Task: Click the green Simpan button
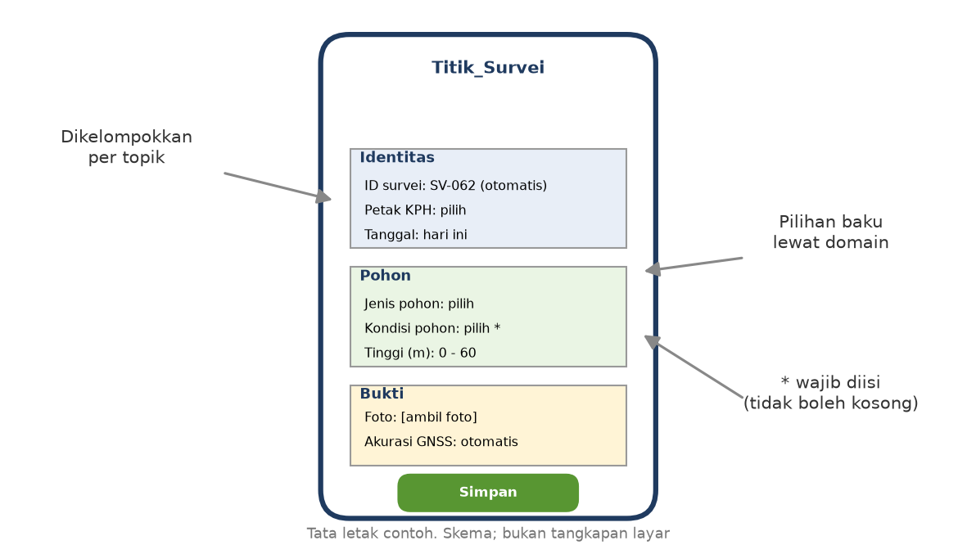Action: (x=488, y=493)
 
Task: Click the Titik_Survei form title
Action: (x=488, y=67)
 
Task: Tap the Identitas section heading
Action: (x=397, y=157)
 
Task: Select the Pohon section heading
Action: (x=386, y=276)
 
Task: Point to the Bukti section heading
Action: (x=382, y=394)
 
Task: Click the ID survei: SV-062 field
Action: (x=455, y=185)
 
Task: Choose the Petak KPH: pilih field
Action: (x=415, y=210)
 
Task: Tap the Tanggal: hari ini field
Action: (x=416, y=234)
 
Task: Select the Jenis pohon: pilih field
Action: (x=419, y=304)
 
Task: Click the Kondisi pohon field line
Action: (x=432, y=328)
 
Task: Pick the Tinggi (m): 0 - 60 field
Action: (x=420, y=353)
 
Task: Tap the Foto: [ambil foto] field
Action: (x=421, y=417)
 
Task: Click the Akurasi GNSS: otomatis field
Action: (x=441, y=441)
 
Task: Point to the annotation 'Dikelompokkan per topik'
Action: (x=126, y=146)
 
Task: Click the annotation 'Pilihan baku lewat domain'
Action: (x=830, y=232)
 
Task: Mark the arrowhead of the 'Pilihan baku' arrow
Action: (x=650, y=269)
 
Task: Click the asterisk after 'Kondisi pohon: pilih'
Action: (x=497, y=327)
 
